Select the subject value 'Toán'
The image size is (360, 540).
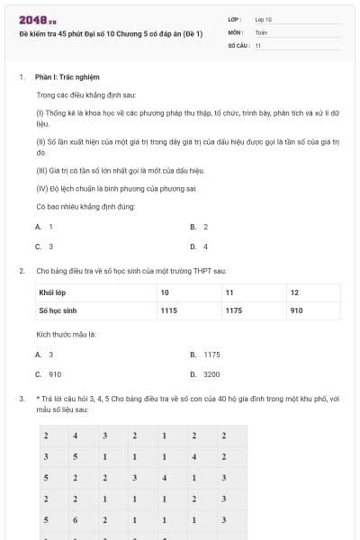(261, 31)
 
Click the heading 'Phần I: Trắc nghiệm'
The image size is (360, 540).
(67, 77)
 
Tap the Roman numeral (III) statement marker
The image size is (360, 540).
(41, 170)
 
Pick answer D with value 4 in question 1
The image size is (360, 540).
(199, 247)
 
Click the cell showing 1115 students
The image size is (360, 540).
(168, 310)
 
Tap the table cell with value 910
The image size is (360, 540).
(296, 310)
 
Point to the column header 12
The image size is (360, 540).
(294, 293)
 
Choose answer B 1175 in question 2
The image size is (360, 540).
(206, 355)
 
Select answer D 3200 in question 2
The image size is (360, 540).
(206, 374)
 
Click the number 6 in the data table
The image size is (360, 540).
(76, 520)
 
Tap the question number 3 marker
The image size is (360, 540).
(21, 398)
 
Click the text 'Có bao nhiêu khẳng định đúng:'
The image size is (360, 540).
(85, 207)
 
